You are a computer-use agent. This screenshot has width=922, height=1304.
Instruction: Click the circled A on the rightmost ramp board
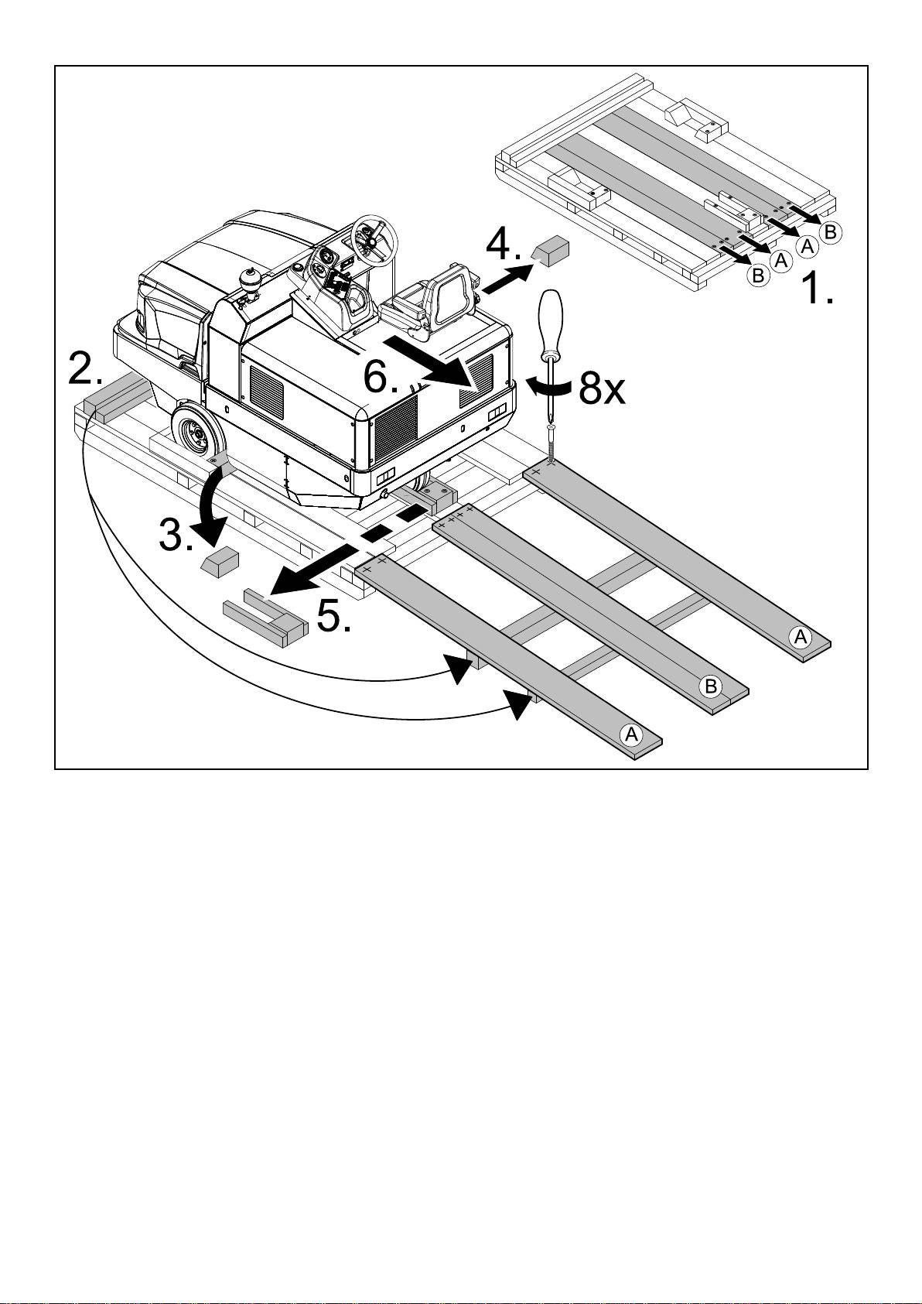click(801, 637)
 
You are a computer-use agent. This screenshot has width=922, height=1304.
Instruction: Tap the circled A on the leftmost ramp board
click(632, 734)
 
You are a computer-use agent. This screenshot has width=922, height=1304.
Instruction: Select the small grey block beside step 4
click(550, 251)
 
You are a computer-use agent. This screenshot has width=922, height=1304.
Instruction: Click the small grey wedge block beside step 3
click(220, 561)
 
